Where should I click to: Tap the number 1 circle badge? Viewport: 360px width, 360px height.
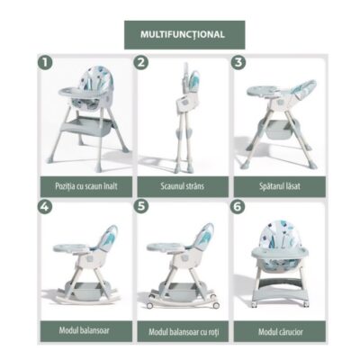pos(42,63)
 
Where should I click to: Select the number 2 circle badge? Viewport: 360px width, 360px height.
pos(141,62)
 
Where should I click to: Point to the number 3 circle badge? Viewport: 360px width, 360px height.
pos(238,62)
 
